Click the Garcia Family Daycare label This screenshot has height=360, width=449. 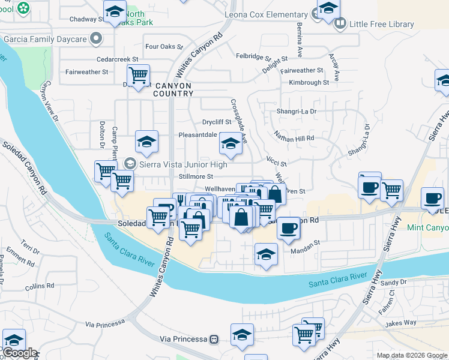tap(45, 40)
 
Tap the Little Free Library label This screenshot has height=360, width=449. tap(382, 24)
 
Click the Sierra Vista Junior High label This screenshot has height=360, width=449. tap(183, 164)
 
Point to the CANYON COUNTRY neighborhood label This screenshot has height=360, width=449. tap(173, 89)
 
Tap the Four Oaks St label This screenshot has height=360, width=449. tap(164, 46)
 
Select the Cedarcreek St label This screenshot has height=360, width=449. tap(119, 59)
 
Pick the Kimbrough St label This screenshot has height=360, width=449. tap(309, 83)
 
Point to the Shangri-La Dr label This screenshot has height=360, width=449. tap(296, 111)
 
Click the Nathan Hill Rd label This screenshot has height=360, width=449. tap(294, 139)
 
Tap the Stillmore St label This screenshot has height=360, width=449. tap(196, 177)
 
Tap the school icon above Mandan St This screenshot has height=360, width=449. tap(266, 254)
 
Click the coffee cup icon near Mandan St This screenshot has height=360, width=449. tap(289, 228)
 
